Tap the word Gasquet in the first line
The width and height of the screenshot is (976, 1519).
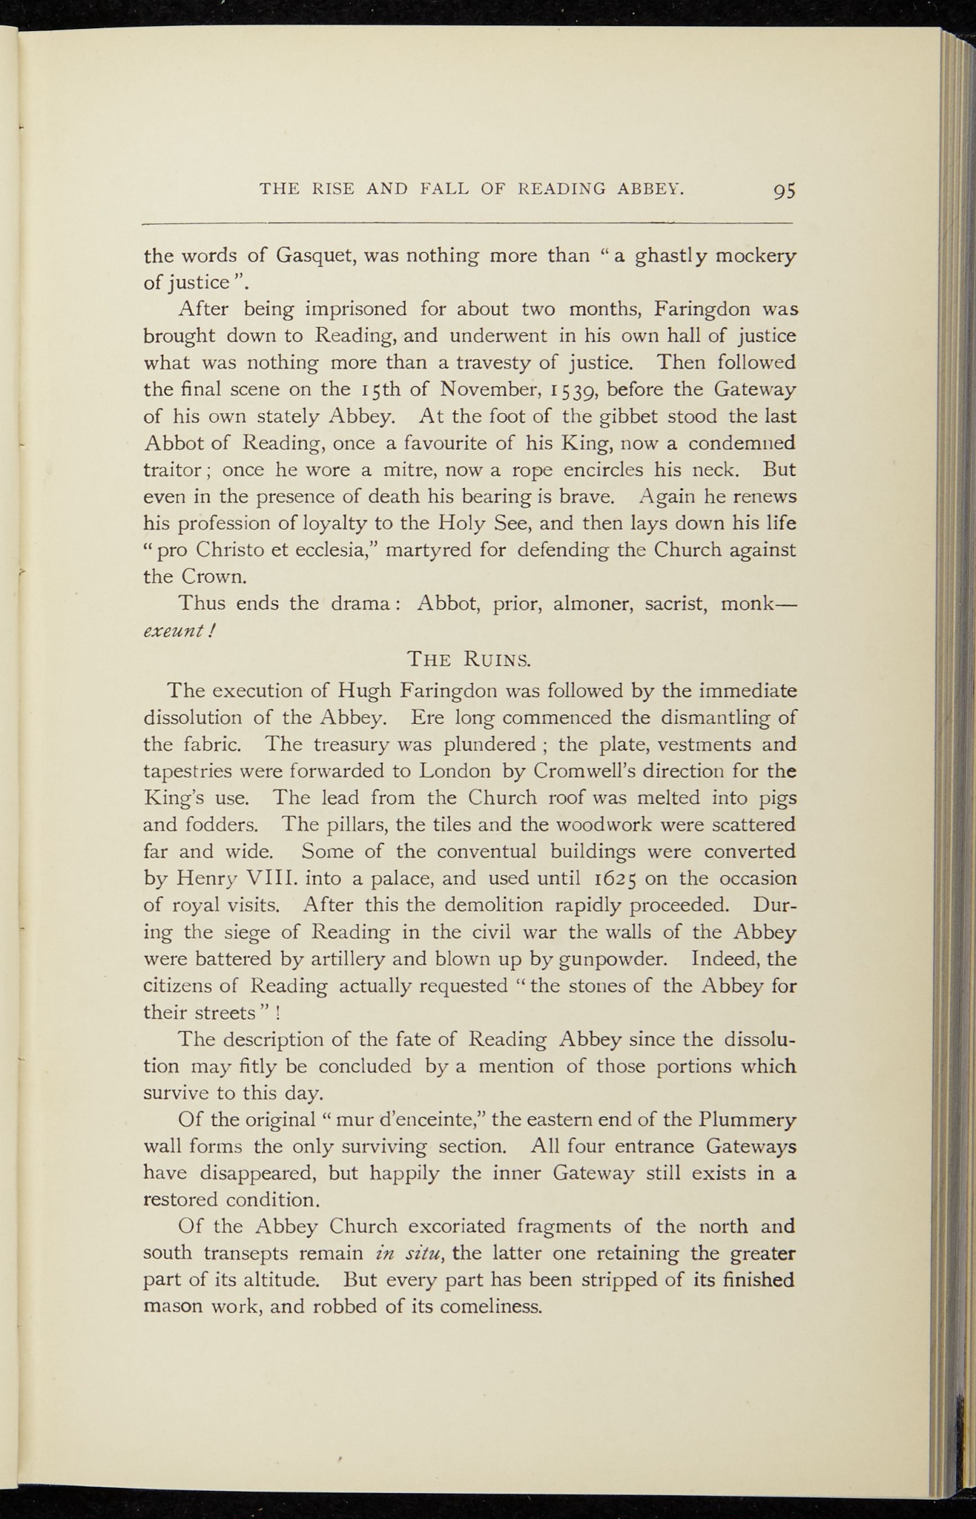309,256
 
